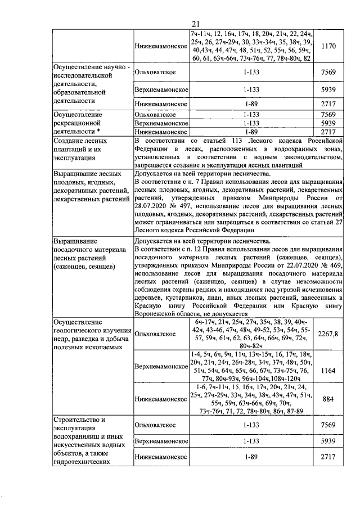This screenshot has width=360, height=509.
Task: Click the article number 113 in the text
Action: tap(242, 140)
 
